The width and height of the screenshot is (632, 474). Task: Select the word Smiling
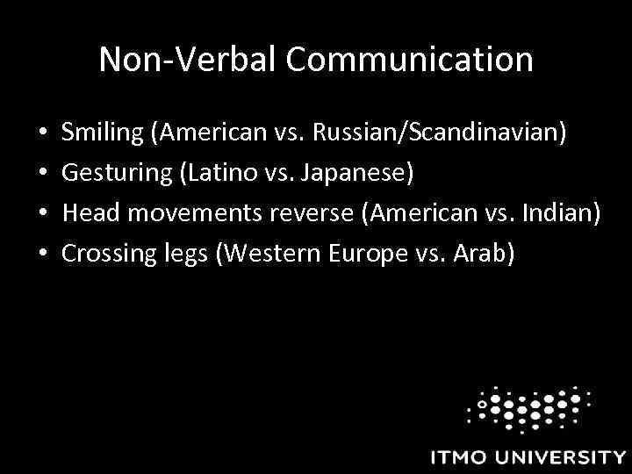point(103,135)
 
